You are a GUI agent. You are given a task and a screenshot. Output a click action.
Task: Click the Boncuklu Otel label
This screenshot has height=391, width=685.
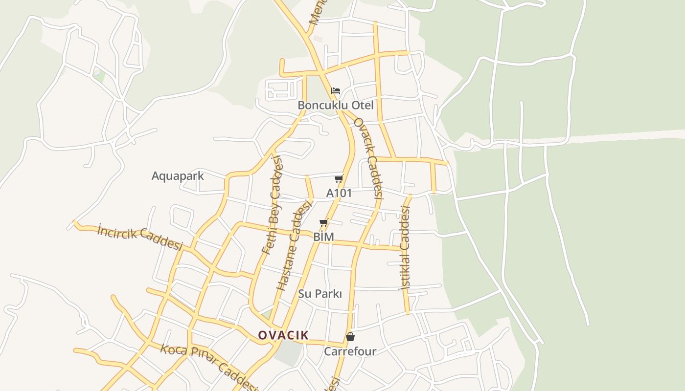[x=335, y=105]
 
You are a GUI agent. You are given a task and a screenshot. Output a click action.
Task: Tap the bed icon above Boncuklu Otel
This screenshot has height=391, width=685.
[x=336, y=91]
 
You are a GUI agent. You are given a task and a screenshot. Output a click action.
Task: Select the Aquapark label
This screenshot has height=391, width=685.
[x=178, y=176]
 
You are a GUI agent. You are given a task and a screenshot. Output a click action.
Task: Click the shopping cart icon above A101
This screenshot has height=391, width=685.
[x=339, y=179]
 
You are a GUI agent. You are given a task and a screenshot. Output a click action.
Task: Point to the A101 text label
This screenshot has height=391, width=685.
[x=339, y=193]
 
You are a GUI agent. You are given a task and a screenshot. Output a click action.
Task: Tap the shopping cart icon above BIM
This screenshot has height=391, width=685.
[x=323, y=223]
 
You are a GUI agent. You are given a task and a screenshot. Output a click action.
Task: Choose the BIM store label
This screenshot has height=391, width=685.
[x=323, y=237]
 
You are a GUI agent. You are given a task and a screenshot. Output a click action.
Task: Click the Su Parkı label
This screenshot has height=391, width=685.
[x=320, y=294]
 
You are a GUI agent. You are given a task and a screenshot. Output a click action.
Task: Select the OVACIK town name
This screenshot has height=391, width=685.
[x=283, y=335]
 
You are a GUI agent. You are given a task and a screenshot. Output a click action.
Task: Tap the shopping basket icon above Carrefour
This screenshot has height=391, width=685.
[x=350, y=337]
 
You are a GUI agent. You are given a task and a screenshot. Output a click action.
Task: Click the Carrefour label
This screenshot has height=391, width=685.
[x=350, y=351]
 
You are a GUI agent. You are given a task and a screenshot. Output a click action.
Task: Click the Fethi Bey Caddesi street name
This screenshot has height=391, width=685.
[x=273, y=205]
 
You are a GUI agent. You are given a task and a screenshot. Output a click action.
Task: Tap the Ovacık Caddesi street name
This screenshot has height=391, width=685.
[x=368, y=158]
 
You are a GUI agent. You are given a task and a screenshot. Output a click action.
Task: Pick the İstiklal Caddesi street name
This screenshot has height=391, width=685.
[x=405, y=248]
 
